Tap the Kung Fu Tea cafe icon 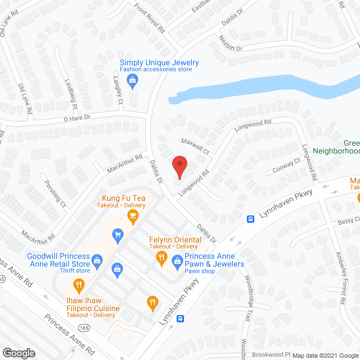132,217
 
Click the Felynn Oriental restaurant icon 161,258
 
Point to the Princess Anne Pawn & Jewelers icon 177,260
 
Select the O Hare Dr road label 76,116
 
